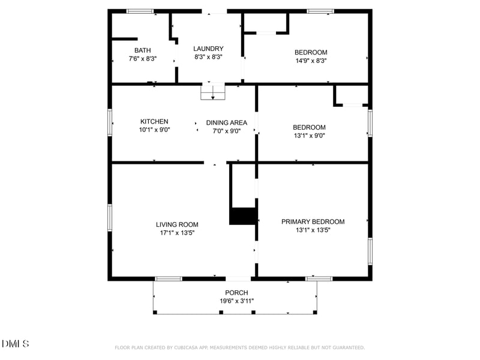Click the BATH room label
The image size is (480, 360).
click(143, 50)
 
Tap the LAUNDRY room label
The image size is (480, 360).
click(208, 49)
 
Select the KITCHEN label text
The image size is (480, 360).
click(154, 122)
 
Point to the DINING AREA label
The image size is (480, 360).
click(227, 123)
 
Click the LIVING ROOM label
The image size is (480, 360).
click(177, 224)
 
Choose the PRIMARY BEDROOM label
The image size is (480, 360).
click(313, 221)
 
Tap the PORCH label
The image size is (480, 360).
click(236, 293)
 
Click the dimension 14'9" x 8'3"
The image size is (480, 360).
click(311, 61)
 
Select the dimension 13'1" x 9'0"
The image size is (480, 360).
click(309, 136)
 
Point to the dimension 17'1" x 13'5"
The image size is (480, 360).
click(177, 233)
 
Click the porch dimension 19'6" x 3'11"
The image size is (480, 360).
click(236, 301)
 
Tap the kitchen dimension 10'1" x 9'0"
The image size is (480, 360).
click(155, 130)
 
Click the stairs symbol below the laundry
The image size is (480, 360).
click(213, 92)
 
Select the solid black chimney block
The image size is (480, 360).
click(243, 216)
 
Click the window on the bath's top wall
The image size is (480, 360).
click(140, 11)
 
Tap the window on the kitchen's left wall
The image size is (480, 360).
click(110, 122)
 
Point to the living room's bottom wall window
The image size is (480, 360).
click(169, 279)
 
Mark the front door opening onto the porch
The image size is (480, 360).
click(238, 279)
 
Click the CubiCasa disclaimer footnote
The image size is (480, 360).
click(239, 347)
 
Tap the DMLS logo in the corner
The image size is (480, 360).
click(16, 343)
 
